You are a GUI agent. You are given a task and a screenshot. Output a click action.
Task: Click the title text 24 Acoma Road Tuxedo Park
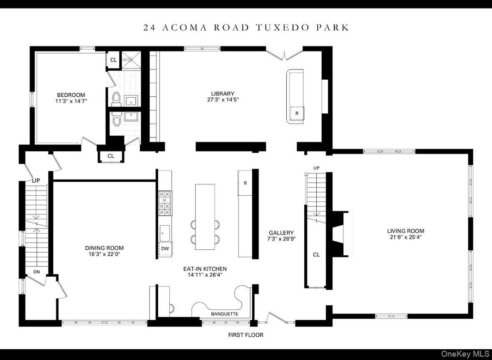pyautogui.click(x=246, y=27)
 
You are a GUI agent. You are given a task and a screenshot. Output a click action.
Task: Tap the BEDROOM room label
pyautogui.click(x=71, y=95)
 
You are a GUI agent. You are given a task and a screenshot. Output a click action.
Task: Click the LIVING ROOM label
pyautogui.click(x=405, y=231)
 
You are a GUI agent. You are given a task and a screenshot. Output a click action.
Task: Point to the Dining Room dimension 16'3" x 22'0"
pyautogui.click(x=104, y=254)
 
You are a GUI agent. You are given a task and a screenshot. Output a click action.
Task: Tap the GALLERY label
pyautogui.click(x=281, y=233)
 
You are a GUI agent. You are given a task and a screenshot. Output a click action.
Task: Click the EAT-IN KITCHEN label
pyautogui.click(x=205, y=269)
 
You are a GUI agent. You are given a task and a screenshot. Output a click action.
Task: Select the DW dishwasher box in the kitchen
pyautogui.click(x=165, y=249)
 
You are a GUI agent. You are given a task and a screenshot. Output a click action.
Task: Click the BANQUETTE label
pyautogui.click(x=224, y=314)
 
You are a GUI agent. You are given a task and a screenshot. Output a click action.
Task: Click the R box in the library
pyautogui.click(x=297, y=113)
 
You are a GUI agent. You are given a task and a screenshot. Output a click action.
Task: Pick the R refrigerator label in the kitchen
pyautogui.click(x=245, y=183)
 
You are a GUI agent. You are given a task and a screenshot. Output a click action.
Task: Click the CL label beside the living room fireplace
pyautogui.click(x=316, y=254)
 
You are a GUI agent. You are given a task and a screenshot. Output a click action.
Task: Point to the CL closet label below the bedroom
pyautogui.click(x=111, y=156)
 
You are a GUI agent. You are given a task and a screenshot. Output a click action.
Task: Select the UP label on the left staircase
pyautogui.click(x=36, y=180)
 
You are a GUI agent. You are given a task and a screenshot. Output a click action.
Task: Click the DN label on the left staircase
pyautogui.click(x=37, y=271)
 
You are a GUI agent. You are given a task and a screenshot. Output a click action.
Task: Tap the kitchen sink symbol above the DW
pyautogui.click(x=164, y=232)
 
